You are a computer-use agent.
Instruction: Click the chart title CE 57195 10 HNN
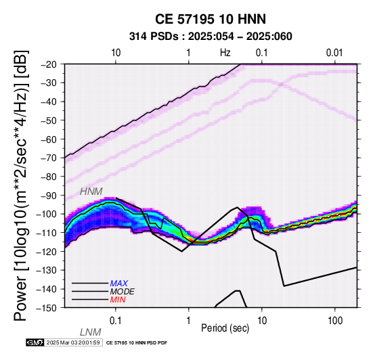[211, 19]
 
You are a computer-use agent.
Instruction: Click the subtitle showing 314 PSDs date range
[211, 37]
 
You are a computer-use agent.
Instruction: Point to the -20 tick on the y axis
[49, 64]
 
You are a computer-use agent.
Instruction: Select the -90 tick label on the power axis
[49, 196]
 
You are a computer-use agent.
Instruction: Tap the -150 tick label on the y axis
[47, 308]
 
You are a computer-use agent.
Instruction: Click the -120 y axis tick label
[47, 252]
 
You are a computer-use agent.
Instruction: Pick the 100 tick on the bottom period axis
[335, 321]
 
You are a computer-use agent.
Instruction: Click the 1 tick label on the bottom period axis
[188, 321]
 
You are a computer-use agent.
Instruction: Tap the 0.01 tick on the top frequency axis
[334, 53]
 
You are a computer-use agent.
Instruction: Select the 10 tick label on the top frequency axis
[116, 53]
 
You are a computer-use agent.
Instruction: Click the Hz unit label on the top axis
[225, 53]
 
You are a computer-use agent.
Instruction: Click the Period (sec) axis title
[225, 328]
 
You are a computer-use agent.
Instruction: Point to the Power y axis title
[21, 185]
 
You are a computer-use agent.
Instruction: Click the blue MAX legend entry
[119, 284]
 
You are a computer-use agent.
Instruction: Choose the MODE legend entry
[122, 292]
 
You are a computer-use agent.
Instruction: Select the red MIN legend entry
[118, 300]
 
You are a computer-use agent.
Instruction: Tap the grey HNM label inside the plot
[91, 192]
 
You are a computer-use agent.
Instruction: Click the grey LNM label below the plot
[91, 332]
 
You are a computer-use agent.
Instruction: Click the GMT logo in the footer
[35, 342]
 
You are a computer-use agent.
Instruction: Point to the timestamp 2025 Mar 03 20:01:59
[73, 342]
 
